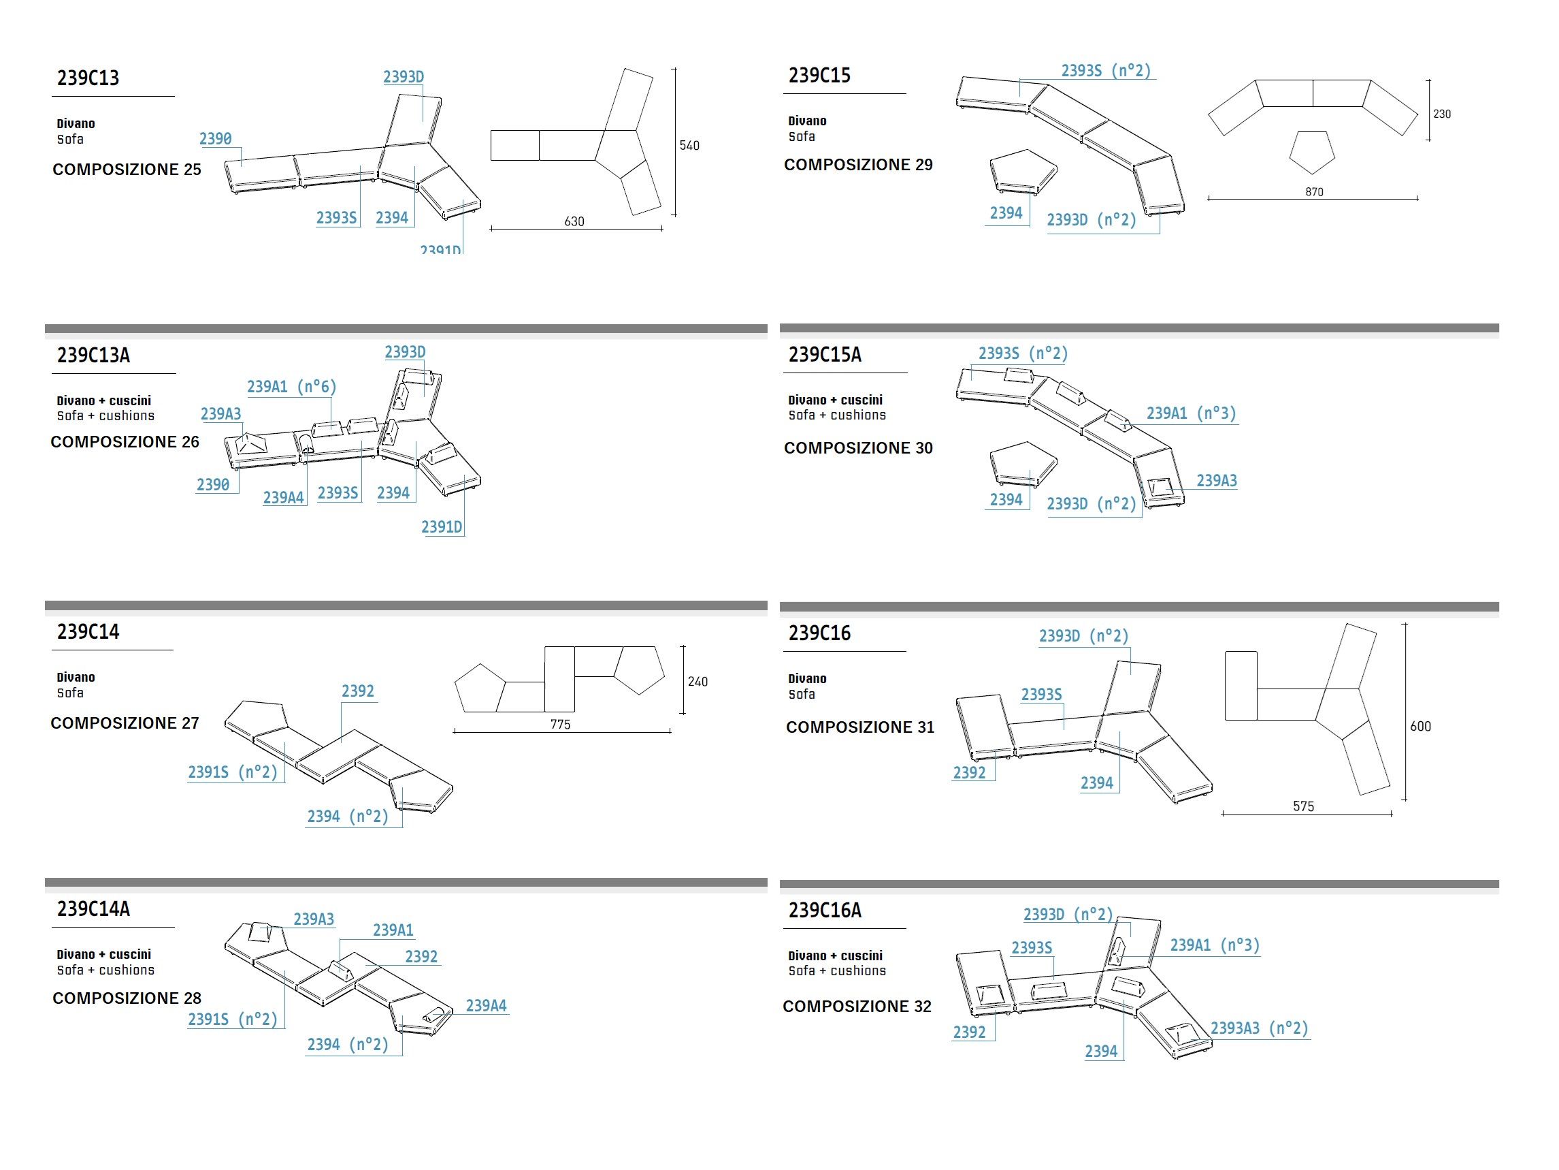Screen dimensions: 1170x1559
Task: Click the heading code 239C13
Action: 88,78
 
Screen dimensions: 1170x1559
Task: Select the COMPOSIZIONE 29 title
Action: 857,165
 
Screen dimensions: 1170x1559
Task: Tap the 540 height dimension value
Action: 689,146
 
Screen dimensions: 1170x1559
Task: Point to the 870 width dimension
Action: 1314,192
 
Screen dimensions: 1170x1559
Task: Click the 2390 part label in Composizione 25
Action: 215,139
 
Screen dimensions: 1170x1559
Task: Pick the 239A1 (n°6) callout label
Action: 291,386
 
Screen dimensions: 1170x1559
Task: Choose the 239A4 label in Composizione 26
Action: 283,498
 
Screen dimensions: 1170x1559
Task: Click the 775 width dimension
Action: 560,725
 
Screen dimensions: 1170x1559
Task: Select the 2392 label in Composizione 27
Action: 357,691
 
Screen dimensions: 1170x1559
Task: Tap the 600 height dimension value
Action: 1419,727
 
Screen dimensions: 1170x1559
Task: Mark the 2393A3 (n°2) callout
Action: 1259,1028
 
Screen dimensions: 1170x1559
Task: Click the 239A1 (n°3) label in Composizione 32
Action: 1215,945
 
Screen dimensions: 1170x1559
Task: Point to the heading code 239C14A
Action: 93,908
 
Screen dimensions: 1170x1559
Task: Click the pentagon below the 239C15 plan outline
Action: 1311,153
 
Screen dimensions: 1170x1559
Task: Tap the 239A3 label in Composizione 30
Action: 1217,481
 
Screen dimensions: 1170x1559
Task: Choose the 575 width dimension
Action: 1303,806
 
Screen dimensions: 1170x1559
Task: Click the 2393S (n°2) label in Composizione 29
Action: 1106,72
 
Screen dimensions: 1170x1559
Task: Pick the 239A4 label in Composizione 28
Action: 486,1006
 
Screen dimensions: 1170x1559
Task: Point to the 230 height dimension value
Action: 1441,114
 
